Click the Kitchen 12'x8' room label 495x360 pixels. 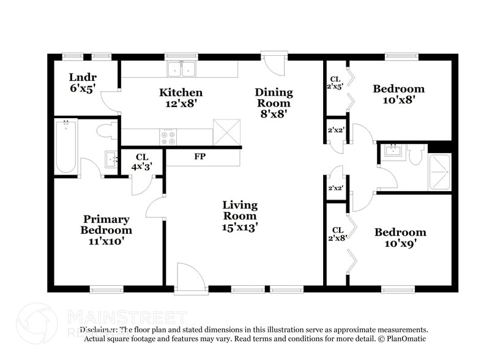click(x=181, y=98)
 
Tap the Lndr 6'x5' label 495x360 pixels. click(x=83, y=83)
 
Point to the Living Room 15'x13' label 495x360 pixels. click(x=240, y=216)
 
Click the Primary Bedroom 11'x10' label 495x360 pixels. click(x=106, y=230)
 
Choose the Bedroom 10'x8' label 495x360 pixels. click(x=398, y=94)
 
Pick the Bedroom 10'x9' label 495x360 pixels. click(x=400, y=238)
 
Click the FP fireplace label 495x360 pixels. click(x=199, y=157)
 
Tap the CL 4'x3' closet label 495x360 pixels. click(x=142, y=162)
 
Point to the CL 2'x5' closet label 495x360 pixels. click(x=335, y=83)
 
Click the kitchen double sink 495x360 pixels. click(x=181, y=69)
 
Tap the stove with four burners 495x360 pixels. click(x=168, y=137)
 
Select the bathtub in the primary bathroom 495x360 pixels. click(x=66, y=147)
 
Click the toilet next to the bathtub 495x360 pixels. click(x=106, y=130)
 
